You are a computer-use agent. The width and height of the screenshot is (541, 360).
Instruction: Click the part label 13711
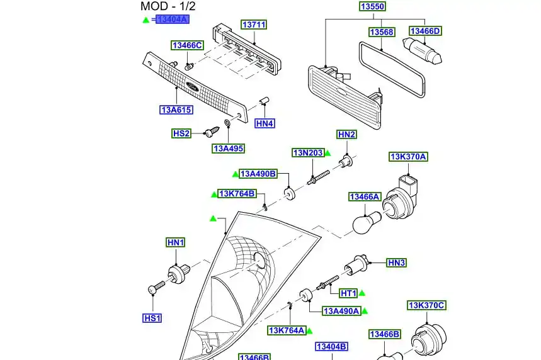tap(254, 25)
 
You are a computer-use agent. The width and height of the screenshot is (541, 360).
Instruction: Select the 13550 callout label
tap(372, 7)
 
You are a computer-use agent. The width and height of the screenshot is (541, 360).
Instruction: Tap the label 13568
tap(381, 31)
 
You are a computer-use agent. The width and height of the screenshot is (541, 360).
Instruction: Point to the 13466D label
tap(425, 31)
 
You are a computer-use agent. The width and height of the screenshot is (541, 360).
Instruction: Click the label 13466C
tap(188, 45)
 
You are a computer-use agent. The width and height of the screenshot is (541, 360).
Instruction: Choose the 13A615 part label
tap(176, 110)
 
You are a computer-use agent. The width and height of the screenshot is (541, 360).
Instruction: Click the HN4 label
tap(265, 123)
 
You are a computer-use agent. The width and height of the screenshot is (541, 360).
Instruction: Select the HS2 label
tap(181, 133)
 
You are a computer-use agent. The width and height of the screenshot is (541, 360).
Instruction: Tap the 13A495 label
tap(228, 149)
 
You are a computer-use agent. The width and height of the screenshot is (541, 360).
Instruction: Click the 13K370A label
tap(408, 157)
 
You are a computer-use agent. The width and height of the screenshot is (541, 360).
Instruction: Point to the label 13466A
tap(365, 197)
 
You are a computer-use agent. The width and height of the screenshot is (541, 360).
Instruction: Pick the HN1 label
tap(175, 243)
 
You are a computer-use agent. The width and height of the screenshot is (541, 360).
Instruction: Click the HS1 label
tap(152, 318)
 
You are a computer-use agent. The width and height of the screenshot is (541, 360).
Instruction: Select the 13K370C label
tap(426, 306)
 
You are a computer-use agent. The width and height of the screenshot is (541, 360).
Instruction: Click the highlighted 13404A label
tap(172, 20)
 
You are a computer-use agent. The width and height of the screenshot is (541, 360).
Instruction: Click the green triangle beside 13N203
tap(327, 153)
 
